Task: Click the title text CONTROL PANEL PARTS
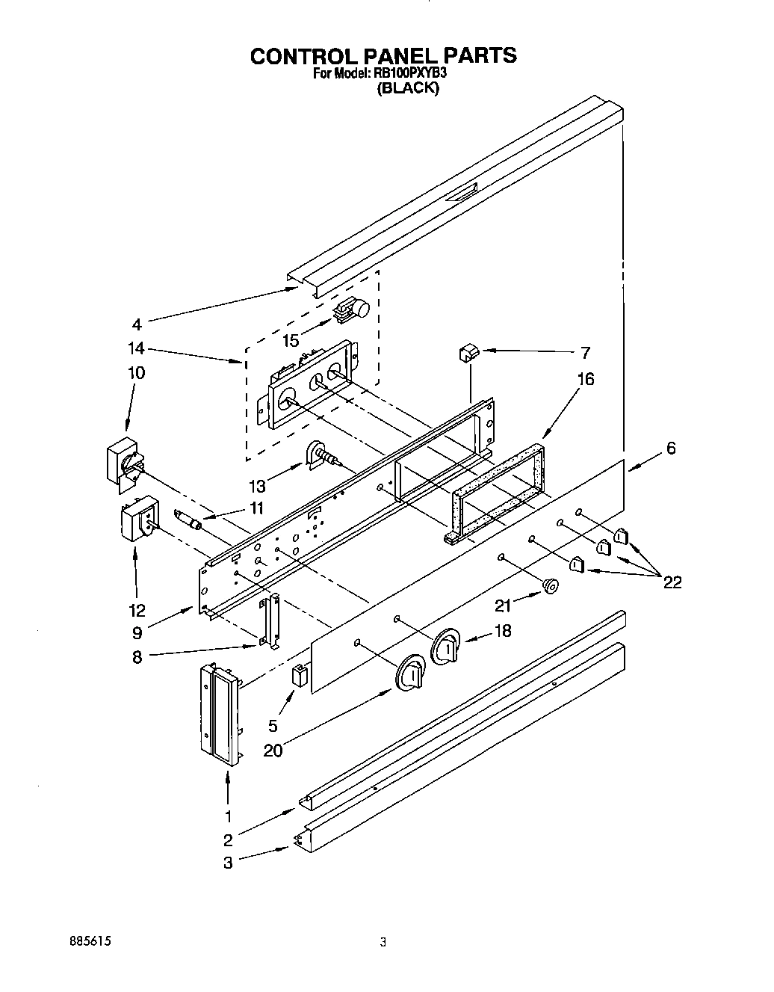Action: click(x=383, y=56)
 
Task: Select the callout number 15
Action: click(x=291, y=341)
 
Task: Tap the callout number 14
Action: click(x=136, y=348)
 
